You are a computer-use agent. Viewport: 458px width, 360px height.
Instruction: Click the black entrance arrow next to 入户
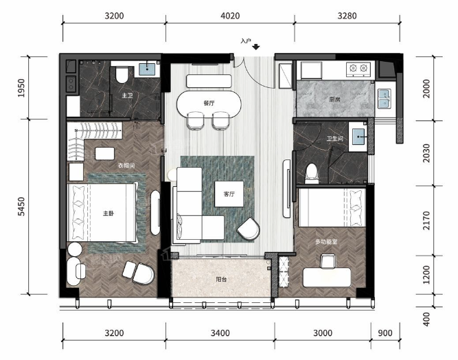[256, 47]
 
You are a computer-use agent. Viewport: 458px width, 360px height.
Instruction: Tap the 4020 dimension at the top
[230, 16]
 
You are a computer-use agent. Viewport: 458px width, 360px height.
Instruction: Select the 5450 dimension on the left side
[21, 207]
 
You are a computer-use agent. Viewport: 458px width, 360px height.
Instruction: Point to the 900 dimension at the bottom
[385, 333]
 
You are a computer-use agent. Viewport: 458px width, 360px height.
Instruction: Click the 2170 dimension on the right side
[426, 221]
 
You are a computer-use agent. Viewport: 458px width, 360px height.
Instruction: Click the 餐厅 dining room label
[209, 103]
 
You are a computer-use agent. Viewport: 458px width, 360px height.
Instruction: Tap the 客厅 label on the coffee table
[229, 194]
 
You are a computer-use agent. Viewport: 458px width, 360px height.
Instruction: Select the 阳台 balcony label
[221, 279]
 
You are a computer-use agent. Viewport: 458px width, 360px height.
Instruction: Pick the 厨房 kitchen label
[334, 100]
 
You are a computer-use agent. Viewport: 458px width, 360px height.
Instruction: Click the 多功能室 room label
[326, 242]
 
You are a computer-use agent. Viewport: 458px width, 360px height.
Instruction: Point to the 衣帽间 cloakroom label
[126, 166]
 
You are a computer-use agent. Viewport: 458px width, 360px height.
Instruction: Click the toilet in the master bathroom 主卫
[122, 74]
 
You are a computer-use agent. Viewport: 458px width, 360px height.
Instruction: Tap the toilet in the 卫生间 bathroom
[312, 174]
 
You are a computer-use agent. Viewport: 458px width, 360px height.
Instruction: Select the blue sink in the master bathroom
[147, 69]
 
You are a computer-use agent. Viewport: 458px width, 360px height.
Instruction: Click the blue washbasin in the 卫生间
[358, 137]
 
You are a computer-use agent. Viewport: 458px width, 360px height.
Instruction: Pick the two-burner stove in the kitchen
[358, 69]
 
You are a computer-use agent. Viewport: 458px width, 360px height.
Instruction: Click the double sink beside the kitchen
[384, 98]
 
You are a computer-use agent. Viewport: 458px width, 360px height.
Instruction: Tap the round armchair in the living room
[249, 229]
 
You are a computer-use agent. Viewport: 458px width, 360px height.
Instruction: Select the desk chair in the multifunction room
[327, 260]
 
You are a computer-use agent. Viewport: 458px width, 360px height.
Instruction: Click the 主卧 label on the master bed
[108, 213]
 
